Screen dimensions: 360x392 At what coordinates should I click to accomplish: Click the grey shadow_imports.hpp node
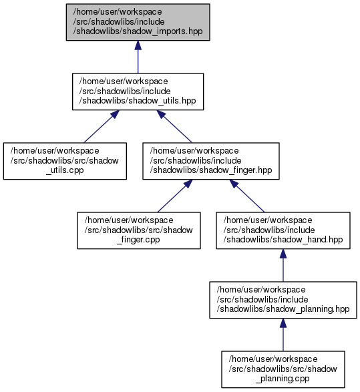tap(138, 22)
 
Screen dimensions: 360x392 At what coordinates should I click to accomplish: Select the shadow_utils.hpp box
tap(138, 91)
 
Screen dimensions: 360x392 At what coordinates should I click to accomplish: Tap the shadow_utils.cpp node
tap(65, 161)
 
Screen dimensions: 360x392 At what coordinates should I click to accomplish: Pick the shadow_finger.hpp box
tap(211, 161)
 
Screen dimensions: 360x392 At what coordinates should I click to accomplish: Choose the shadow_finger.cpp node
tap(139, 230)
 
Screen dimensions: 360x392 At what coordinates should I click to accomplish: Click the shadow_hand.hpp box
tap(283, 230)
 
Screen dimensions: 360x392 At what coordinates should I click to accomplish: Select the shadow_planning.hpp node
tap(283, 300)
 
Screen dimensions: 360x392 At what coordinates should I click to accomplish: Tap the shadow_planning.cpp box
tap(283, 369)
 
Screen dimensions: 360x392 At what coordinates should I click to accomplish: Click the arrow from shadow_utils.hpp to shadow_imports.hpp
tap(138, 57)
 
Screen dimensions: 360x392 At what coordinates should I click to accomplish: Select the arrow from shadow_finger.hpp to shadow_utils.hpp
tap(174, 126)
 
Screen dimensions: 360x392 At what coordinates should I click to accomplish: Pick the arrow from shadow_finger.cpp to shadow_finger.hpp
tap(175, 196)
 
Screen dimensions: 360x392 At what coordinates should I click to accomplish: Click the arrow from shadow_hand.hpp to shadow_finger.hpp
tap(246, 196)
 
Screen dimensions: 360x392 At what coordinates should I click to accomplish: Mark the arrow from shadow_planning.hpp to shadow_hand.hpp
tap(283, 265)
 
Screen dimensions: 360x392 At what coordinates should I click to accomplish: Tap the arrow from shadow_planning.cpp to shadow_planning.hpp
tap(283, 335)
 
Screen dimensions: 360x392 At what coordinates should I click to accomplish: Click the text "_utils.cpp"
tap(65, 170)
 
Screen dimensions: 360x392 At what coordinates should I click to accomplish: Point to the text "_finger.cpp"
tap(138, 240)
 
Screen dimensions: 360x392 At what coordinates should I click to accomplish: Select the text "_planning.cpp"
tap(283, 379)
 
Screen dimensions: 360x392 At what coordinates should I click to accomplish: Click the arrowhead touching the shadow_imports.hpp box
tap(138, 45)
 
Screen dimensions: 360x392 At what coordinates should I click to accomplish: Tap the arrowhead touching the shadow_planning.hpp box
tap(283, 323)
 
